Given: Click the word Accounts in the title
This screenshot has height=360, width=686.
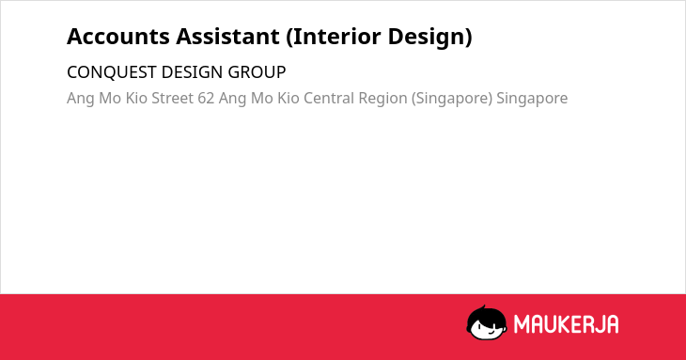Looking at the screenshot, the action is click(118, 37).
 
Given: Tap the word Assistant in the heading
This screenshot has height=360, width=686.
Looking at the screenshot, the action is click(227, 37).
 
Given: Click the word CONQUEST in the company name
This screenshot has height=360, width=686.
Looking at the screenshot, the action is click(112, 72).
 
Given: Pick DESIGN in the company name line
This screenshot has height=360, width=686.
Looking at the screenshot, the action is click(192, 72).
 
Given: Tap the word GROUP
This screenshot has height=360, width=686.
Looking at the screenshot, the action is click(257, 72).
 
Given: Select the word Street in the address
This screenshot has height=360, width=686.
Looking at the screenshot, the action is click(172, 98).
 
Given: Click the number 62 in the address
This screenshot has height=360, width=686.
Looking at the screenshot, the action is click(206, 98).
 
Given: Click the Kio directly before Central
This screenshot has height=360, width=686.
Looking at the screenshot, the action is click(288, 98).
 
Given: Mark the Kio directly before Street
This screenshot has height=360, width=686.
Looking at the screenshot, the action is click(136, 98).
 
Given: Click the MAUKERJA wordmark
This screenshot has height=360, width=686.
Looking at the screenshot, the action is click(566, 324).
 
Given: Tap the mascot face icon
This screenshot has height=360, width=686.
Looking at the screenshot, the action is click(487, 322).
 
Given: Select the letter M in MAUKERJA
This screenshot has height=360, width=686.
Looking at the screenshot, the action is click(522, 324).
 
